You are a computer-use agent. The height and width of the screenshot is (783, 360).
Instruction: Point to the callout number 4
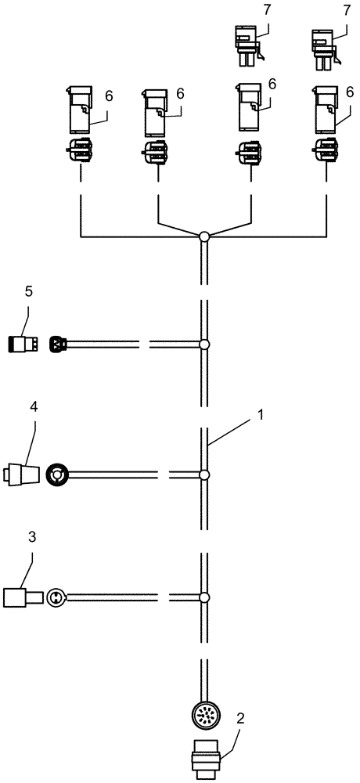tap(34, 407)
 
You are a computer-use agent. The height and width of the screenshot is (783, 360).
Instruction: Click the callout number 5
tap(28, 291)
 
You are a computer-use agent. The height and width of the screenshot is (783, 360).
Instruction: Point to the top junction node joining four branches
tap(203, 236)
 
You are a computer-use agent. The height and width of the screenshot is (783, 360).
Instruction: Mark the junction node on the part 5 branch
tap(203, 344)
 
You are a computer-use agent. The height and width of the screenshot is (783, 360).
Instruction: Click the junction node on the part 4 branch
tap(203, 474)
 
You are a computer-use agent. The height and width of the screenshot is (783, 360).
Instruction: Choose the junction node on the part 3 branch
tap(203, 598)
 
